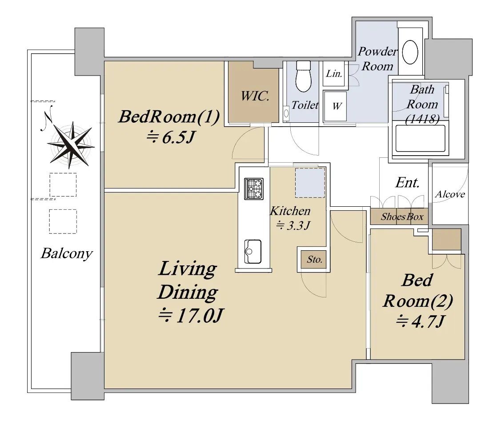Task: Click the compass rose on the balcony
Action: (x=71, y=144)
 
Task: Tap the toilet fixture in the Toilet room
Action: (x=304, y=76)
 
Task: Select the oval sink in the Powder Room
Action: (x=410, y=52)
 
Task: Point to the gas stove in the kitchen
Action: (x=254, y=188)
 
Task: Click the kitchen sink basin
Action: (x=253, y=252)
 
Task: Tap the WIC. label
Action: (x=255, y=96)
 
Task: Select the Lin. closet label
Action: (x=334, y=73)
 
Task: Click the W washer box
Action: (x=335, y=106)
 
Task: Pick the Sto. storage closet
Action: (x=313, y=259)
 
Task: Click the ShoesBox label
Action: (x=402, y=217)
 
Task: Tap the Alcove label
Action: (x=450, y=194)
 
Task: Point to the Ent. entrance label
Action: (x=408, y=182)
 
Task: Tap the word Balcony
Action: (x=67, y=253)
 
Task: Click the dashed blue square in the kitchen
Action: (x=310, y=183)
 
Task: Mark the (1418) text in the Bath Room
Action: (x=422, y=119)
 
